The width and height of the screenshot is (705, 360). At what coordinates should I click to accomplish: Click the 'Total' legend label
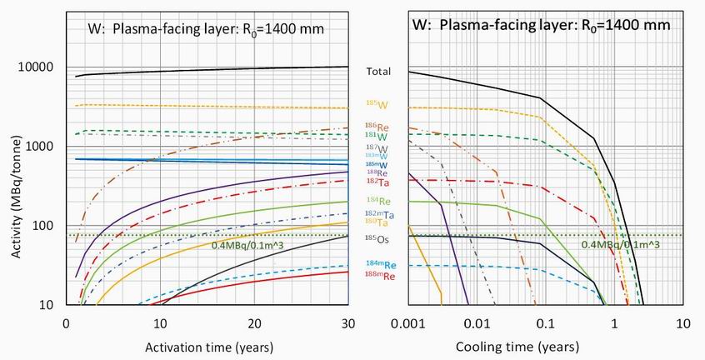(379, 72)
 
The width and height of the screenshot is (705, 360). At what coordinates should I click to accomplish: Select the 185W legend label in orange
(377, 104)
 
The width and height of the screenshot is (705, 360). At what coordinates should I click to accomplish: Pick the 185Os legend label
(378, 239)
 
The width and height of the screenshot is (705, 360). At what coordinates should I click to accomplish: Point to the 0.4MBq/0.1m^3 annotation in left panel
(253, 245)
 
